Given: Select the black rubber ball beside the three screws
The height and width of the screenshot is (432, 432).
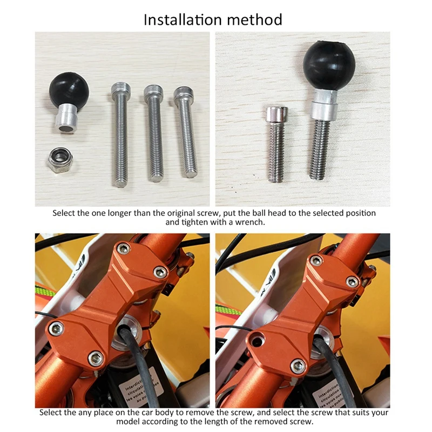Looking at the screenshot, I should [69, 89].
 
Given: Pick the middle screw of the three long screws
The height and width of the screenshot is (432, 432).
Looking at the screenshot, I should [154, 133].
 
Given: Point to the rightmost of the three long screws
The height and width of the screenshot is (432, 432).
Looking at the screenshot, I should [186, 132].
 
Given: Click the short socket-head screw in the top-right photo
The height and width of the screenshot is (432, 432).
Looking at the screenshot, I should [276, 143].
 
